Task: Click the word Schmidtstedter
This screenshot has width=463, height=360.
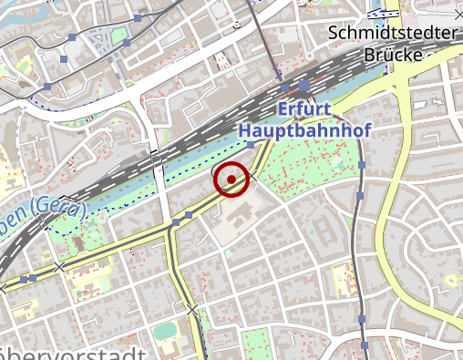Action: pos(392,34)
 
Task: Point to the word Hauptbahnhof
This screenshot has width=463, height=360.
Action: pos(304,131)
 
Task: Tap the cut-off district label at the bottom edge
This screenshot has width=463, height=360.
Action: pos(73,354)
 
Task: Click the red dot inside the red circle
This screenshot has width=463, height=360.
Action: pos(232,180)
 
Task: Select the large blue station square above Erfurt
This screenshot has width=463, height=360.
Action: pos(304,87)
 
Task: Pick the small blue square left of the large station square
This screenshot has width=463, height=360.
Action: pos(285,88)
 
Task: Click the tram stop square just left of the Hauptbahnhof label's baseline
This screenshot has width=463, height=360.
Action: pos(249,144)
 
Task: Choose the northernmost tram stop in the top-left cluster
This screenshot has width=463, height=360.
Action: pos(137,18)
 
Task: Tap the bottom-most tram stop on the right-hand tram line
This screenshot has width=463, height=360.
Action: pos(363,346)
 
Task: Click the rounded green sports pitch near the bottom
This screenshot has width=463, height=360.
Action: pos(164,330)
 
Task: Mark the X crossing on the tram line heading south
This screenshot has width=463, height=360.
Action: pos(192,312)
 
